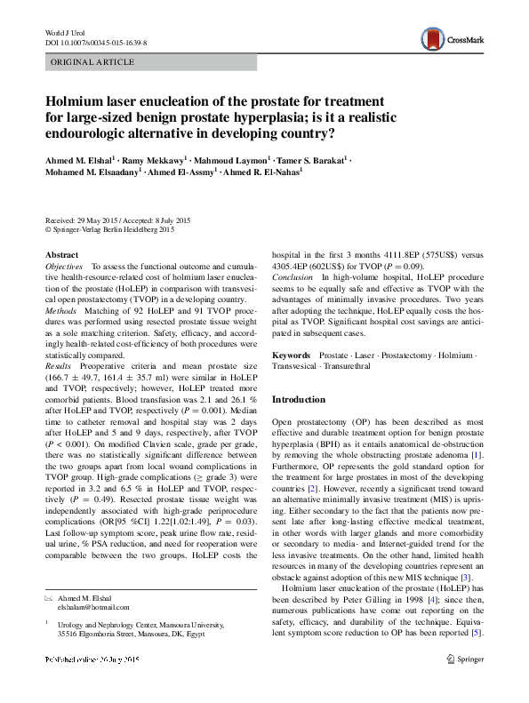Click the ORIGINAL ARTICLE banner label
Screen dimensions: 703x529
(x=92, y=62)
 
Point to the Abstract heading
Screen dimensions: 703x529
(x=61, y=255)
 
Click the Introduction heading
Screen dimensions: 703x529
(x=299, y=400)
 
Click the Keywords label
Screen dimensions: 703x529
(x=291, y=355)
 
